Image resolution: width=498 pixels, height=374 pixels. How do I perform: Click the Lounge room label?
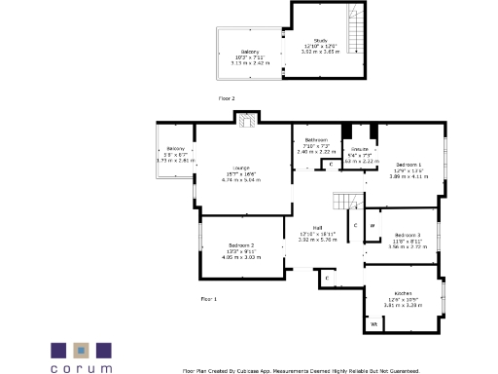pos(230,168)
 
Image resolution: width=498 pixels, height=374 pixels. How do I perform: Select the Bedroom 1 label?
pos(409,163)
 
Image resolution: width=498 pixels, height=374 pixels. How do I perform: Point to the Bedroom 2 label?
pos(241,244)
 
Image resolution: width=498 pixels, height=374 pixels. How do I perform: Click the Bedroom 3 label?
pos(409,235)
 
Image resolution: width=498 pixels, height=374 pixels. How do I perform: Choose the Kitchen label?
pos(404,293)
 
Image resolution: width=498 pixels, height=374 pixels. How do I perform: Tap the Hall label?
pos(317,228)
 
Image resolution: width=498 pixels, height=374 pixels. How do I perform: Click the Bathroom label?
pos(316,140)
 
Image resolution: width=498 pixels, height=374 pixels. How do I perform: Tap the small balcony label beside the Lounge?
pos(175,148)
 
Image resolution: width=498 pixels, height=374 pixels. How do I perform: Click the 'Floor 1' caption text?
pos(209,298)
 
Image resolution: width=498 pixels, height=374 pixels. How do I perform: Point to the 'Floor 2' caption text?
pos(227,98)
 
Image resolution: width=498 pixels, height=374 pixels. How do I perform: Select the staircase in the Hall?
pos(344,201)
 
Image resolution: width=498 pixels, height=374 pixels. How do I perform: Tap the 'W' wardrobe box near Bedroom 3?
pos(372,226)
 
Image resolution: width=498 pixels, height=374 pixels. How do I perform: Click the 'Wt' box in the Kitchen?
pos(373,322)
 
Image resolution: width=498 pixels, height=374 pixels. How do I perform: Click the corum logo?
pos(82,355)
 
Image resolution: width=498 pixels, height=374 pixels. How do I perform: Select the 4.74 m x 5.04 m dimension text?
pos(230,180)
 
